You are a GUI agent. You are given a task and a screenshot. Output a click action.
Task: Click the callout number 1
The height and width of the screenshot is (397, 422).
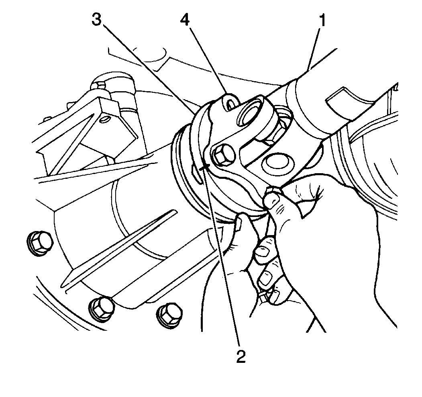(322, 20)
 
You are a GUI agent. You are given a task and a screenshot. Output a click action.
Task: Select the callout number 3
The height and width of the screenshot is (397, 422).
(97, 20)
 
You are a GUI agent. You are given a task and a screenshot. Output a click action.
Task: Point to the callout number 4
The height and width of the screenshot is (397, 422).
(185, 20)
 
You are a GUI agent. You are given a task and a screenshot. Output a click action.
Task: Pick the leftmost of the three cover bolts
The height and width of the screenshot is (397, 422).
(40, 243)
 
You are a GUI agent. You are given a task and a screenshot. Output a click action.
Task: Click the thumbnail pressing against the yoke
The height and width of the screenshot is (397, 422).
(272, 198)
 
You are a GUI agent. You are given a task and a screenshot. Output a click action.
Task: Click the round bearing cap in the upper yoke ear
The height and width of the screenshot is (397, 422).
(251, 113)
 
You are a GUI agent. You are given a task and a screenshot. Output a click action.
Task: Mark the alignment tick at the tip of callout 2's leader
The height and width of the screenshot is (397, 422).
(206, 167)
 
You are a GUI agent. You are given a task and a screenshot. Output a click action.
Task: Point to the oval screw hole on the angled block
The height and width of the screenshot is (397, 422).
(104, 119)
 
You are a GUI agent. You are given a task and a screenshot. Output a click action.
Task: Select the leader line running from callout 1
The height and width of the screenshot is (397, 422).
(314, 50)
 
